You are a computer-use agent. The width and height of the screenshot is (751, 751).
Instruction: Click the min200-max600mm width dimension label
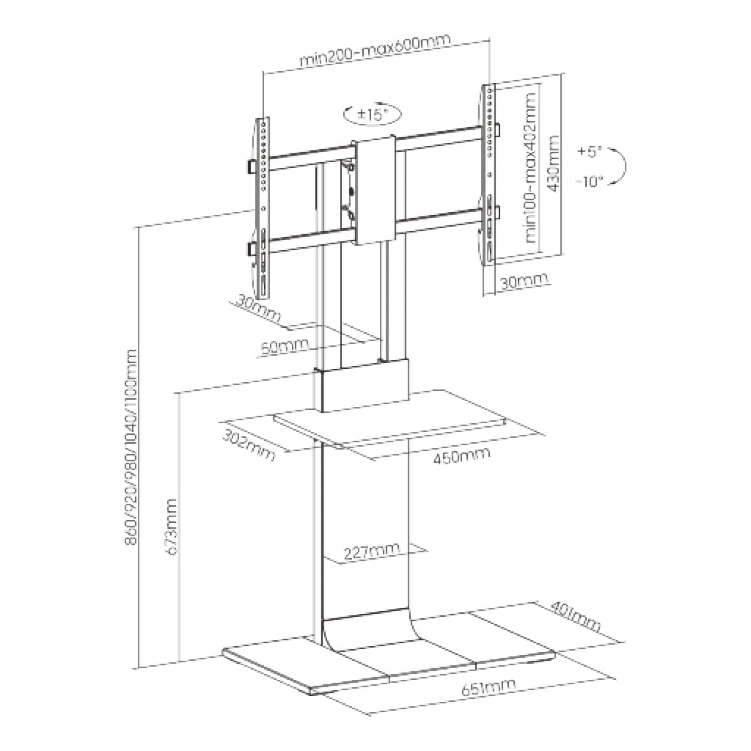[x=375, y=50]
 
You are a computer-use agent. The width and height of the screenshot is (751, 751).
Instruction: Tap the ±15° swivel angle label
[x=372, y=114]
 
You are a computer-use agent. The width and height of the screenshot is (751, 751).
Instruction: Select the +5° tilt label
[x=589, y=152]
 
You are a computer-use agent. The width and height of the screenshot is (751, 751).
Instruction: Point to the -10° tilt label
[x=589, y=182]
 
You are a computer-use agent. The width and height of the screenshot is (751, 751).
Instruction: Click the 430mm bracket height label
[x=553, y=164]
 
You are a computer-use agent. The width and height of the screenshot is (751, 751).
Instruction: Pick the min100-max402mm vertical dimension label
[x=531, y=167]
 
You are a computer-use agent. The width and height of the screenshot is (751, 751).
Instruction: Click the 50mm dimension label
[x=285, y=346]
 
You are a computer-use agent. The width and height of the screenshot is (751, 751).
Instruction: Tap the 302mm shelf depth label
[x=249, y=445]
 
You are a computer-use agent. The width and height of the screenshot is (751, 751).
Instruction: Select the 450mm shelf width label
[x=462, y=455]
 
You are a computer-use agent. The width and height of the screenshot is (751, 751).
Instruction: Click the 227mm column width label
[x=372, y=552]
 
